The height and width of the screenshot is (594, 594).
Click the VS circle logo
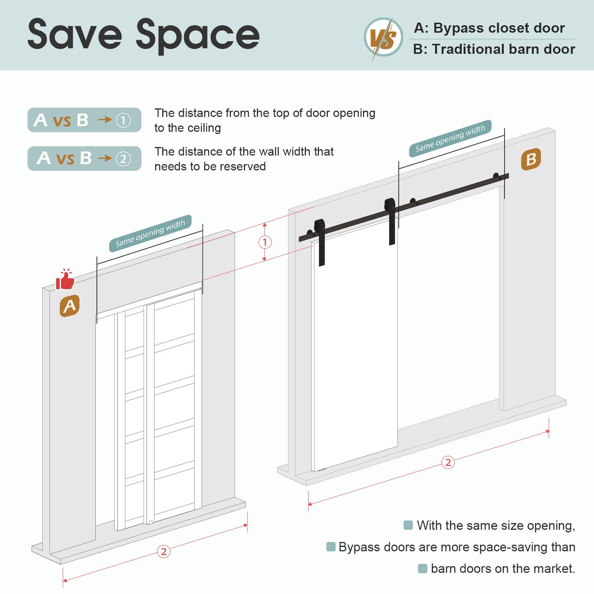coord(383,37)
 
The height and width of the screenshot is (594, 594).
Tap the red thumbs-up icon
coord(65,279)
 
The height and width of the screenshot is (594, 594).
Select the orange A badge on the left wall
coord(70,306)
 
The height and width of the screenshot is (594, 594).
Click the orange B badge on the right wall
coord(531,159)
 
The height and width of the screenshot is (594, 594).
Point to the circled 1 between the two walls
coord(265,242)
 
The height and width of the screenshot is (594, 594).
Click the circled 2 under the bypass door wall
coord(164,551)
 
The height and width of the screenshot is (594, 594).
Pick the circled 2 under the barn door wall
coord(448,462)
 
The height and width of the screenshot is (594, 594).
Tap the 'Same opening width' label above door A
coord(150,233)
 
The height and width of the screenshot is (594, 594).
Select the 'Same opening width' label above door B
coord(450,138)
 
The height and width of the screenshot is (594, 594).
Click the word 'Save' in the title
coord(75,34)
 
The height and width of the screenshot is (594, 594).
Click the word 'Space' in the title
coord(198,36)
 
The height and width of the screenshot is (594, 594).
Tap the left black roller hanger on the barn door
coord(320,242)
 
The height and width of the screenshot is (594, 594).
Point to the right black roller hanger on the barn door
coord(390,221)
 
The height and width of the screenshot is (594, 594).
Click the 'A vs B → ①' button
coord(84,120)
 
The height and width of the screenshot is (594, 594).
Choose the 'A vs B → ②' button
coord(84,159)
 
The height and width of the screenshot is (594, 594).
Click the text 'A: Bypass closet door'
coord(489,28)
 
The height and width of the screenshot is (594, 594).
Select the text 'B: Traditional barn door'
coord(494,49)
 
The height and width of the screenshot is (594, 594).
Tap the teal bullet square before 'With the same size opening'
coord(408,525)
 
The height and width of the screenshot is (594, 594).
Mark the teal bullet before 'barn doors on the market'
coord(422,568)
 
